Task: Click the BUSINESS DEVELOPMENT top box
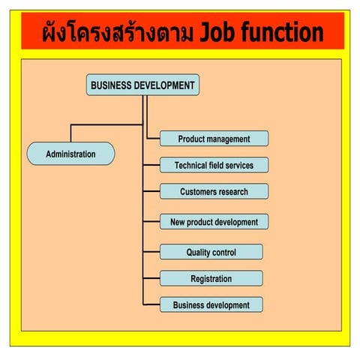coord(142,85)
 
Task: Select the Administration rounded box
coord(70,154)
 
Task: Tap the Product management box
coord(214,139)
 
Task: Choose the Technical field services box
coord(214,165)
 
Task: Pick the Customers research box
coord(214,191)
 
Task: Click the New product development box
coord(214,222)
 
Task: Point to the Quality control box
coord(211,253)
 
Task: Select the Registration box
coord(211,279)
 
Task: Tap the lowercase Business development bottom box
coord(211,305)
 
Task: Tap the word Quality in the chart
coord(199,253)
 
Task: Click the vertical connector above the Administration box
coord(70,133)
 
